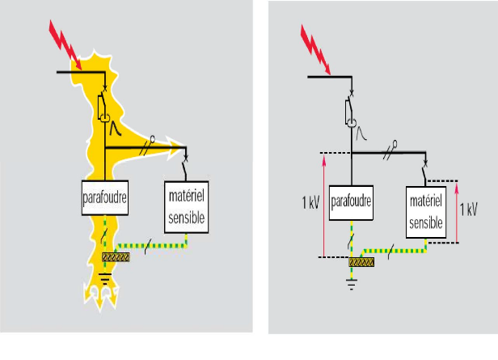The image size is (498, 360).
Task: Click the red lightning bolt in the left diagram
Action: (65, 44)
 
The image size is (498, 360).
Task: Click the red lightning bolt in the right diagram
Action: (315, 49)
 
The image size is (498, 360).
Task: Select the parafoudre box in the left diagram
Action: (105, 197)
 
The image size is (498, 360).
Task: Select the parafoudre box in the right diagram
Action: (351, 203)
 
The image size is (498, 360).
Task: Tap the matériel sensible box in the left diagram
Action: (187, 207)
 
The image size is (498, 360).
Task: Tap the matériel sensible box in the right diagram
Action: (426, 212)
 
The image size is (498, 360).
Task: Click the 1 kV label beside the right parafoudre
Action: (310, 202)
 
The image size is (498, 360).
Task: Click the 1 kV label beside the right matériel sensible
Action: (468, 209)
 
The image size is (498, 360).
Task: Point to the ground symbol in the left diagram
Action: (105, 278)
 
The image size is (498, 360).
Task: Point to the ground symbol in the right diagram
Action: (351, 285)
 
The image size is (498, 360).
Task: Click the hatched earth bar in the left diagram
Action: (116, 257)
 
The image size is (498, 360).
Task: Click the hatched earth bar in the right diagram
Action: (361, 262)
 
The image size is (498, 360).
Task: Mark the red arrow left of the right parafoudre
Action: (324, 206)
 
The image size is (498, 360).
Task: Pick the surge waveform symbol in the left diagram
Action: (116, 129)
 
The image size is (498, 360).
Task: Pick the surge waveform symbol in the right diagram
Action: (361, 133)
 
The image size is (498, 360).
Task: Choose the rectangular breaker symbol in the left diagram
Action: (102, 107)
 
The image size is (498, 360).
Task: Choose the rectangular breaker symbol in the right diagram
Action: (349, 111)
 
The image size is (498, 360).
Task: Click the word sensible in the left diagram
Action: (187, 218)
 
